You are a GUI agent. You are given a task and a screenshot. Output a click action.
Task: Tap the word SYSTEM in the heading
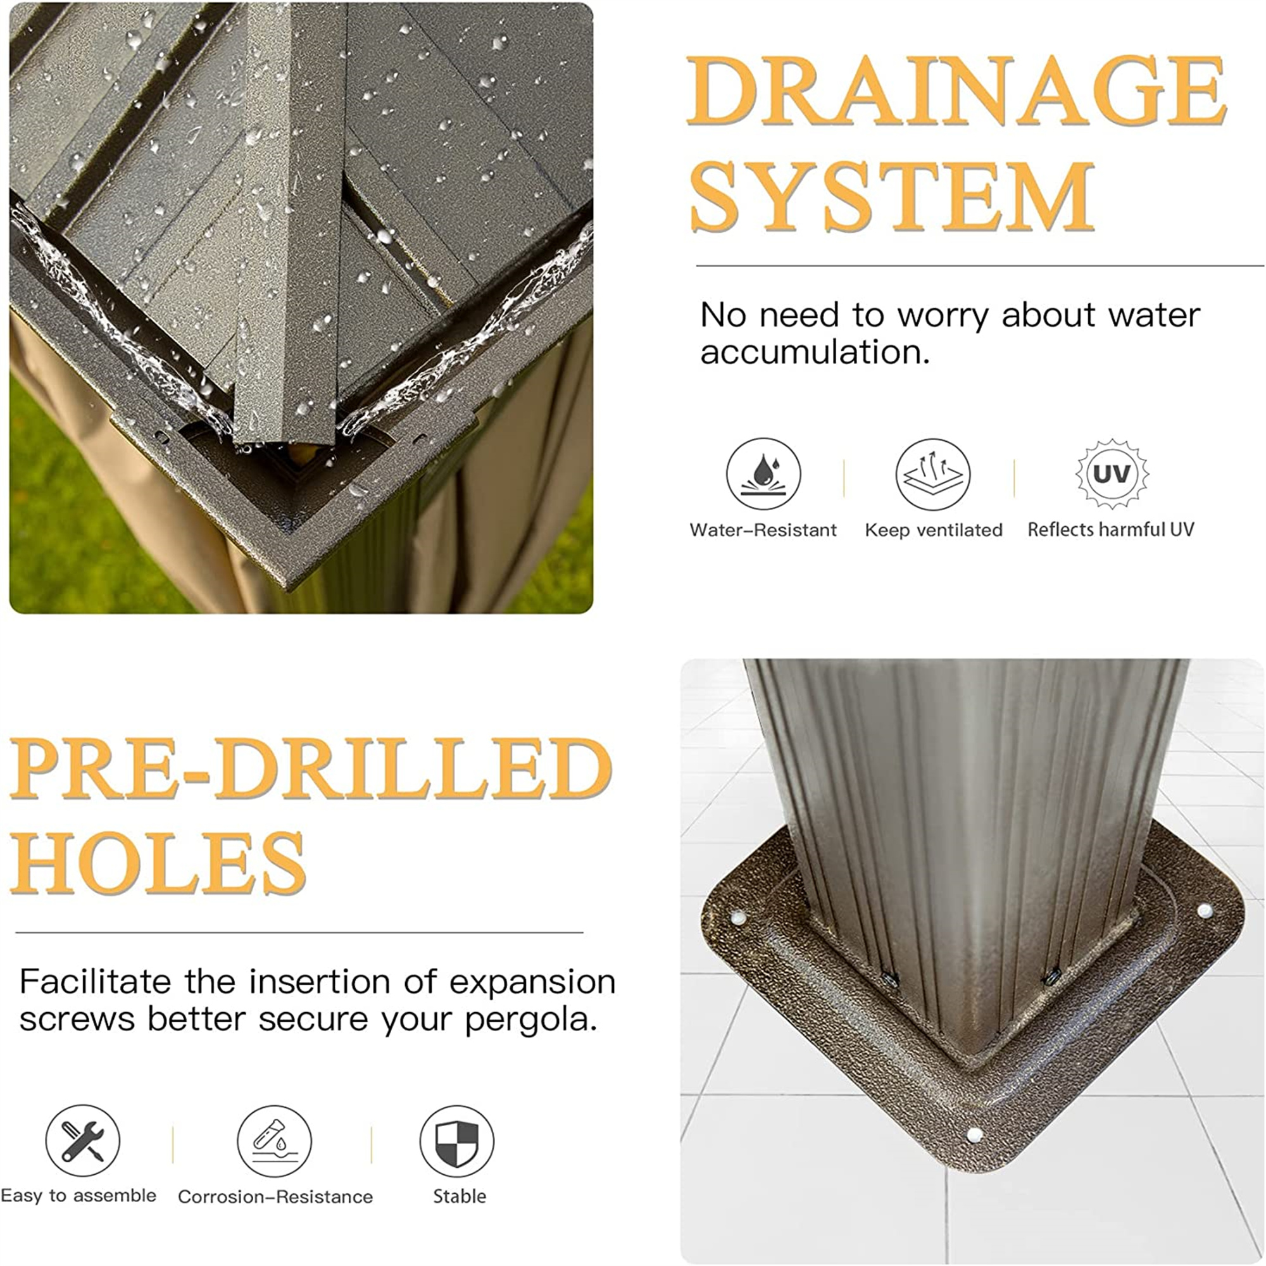[893, 196]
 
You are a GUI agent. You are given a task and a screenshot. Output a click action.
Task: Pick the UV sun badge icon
[1112, 473]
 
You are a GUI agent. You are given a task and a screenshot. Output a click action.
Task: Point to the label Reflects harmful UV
[1111, 529]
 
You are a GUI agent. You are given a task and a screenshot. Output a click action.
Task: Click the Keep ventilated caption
[934, 530]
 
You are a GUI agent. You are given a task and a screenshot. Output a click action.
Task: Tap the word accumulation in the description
[815, 353]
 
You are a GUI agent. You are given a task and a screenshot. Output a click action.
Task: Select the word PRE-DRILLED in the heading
[311, 768]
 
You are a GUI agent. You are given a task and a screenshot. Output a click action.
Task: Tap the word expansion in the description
[532, 982]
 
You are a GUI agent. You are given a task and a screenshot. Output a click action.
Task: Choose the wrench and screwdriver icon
[82, 1141]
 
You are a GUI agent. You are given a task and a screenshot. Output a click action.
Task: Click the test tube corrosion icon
[275, 1141]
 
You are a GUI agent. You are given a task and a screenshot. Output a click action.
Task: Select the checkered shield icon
[457, 1141]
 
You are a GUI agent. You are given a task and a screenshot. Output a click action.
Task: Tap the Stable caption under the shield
[460, 1196]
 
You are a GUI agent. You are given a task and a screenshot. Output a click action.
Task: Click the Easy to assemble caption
[78, 1196]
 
